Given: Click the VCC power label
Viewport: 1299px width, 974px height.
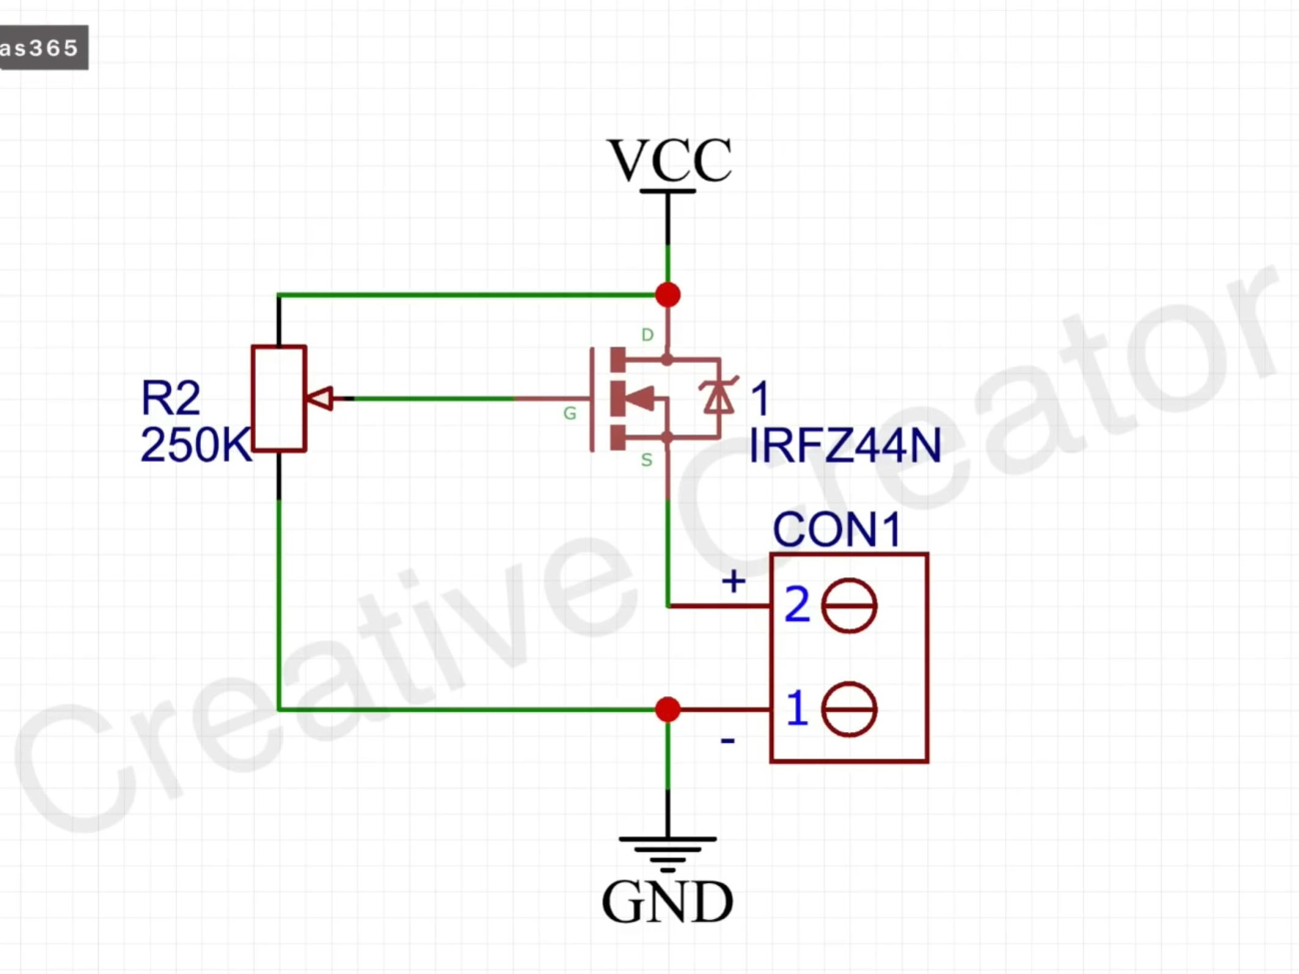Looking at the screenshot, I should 669,161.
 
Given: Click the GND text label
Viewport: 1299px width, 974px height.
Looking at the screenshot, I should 667,902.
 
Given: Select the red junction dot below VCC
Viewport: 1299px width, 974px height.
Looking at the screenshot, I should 668,295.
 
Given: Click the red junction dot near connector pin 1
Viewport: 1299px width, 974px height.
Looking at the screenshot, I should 668,709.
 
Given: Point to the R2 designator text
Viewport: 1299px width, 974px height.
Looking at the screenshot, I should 171,399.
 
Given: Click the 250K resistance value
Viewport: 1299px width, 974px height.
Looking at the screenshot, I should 196,446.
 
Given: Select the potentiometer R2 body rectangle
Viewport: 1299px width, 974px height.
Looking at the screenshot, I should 279,399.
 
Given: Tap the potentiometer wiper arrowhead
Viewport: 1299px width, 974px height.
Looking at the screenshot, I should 321,399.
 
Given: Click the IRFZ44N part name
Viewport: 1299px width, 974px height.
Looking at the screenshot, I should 845,446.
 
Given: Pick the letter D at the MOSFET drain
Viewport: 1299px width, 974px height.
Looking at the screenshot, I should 648,335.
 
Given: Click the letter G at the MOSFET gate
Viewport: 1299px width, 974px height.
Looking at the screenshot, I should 570,413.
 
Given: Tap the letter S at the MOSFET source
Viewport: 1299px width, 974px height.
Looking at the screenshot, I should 647,461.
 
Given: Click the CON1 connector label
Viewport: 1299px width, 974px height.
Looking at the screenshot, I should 836,529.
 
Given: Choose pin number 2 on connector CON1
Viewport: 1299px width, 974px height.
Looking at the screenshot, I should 796,605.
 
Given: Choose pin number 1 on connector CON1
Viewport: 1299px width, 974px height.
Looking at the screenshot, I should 796,709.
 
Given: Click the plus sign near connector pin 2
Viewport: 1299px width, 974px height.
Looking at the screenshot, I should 733,581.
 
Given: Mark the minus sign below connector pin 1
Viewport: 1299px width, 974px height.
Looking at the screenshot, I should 727,741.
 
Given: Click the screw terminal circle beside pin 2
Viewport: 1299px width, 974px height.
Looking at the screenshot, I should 849,606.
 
